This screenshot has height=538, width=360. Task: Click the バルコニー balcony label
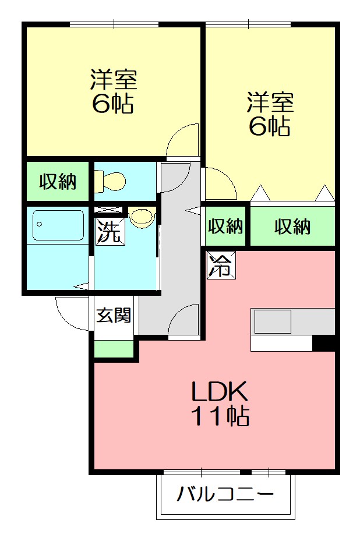click(x=225, y=495)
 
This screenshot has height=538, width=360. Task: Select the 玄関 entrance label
click(x=114, y=316)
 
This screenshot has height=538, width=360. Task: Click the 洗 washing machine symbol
click(x=110, y=231)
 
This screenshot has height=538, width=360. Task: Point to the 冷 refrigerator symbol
click(x=220, y=266)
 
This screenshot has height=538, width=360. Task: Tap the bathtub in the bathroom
click(x=58, y=225)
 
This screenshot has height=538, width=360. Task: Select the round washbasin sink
click(x=141, y=217)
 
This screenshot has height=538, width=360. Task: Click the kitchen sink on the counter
click(x=272, y=321)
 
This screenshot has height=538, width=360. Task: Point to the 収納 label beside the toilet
click(x=58, y=182)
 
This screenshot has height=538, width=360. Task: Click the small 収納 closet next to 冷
click(x=226, y=226)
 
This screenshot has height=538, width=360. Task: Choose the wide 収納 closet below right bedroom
click(x=292, y=226)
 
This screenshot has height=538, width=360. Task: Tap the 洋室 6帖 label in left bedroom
click(x=113, y=92)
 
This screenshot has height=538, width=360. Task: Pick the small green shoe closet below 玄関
click(x=114, y=349)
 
